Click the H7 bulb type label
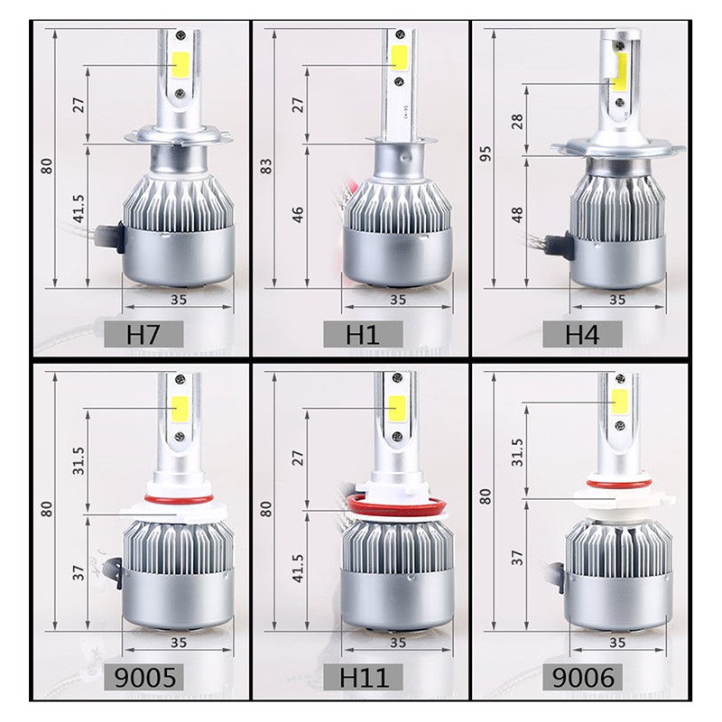(143, 334)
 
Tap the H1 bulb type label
(363, 334)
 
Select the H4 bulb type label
(582, 334)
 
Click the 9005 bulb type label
(145, 678)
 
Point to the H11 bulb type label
(364, 678)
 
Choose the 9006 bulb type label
(583, 678)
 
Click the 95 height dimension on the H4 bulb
(486, 153)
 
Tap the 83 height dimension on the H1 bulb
(266, 166)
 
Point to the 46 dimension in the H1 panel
(299, 215)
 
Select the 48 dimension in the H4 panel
(517, 215)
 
